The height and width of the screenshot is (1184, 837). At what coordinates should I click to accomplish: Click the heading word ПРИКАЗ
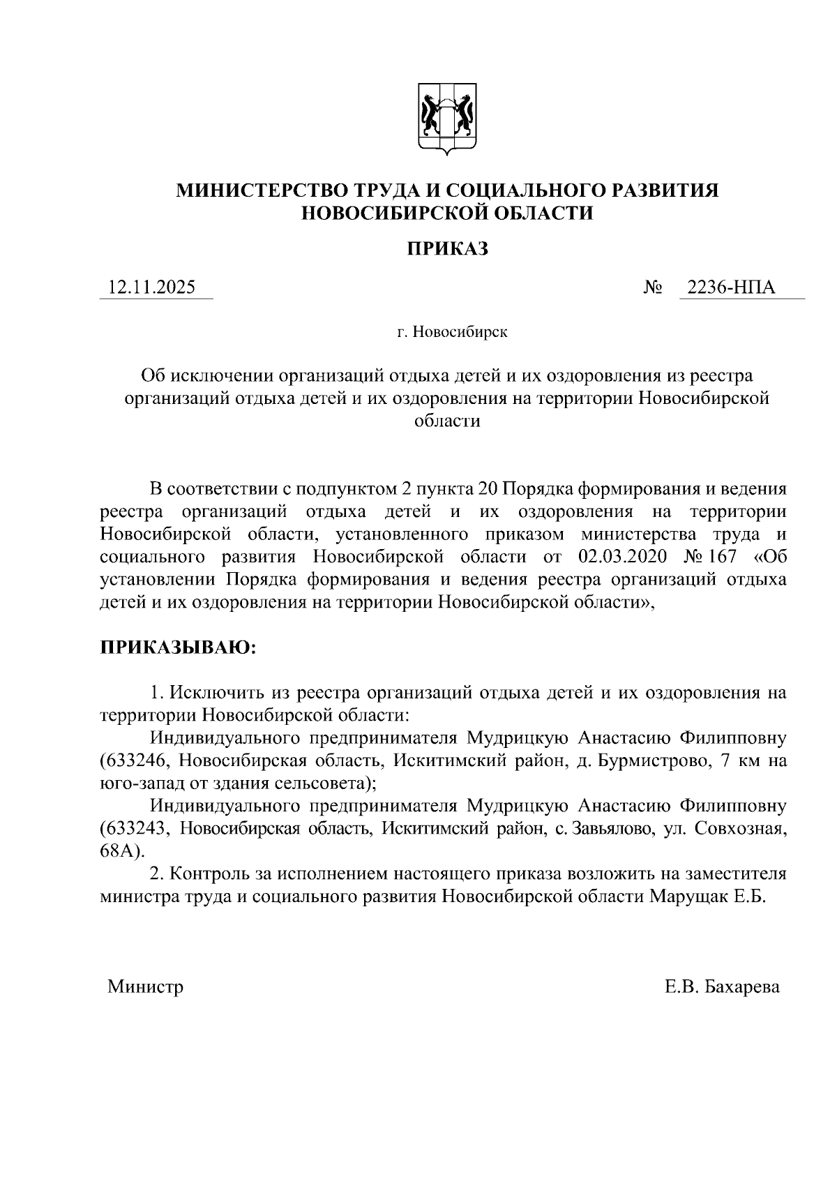[447, 249]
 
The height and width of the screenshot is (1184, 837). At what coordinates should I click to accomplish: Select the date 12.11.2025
[151, 287]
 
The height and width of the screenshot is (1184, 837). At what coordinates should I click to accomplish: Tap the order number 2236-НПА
[731, 287]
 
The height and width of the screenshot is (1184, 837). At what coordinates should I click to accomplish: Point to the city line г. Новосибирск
[453, 331]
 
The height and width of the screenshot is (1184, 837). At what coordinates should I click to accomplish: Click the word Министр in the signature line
[145, 987]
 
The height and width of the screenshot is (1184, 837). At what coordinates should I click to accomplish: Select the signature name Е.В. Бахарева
[722, 987]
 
